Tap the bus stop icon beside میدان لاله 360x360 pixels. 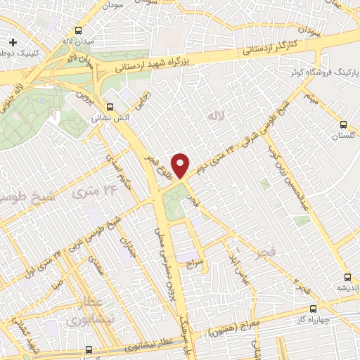click(79, 30)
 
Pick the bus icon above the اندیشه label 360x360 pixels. click(347, 276)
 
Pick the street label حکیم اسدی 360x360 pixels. click(121, 174)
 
